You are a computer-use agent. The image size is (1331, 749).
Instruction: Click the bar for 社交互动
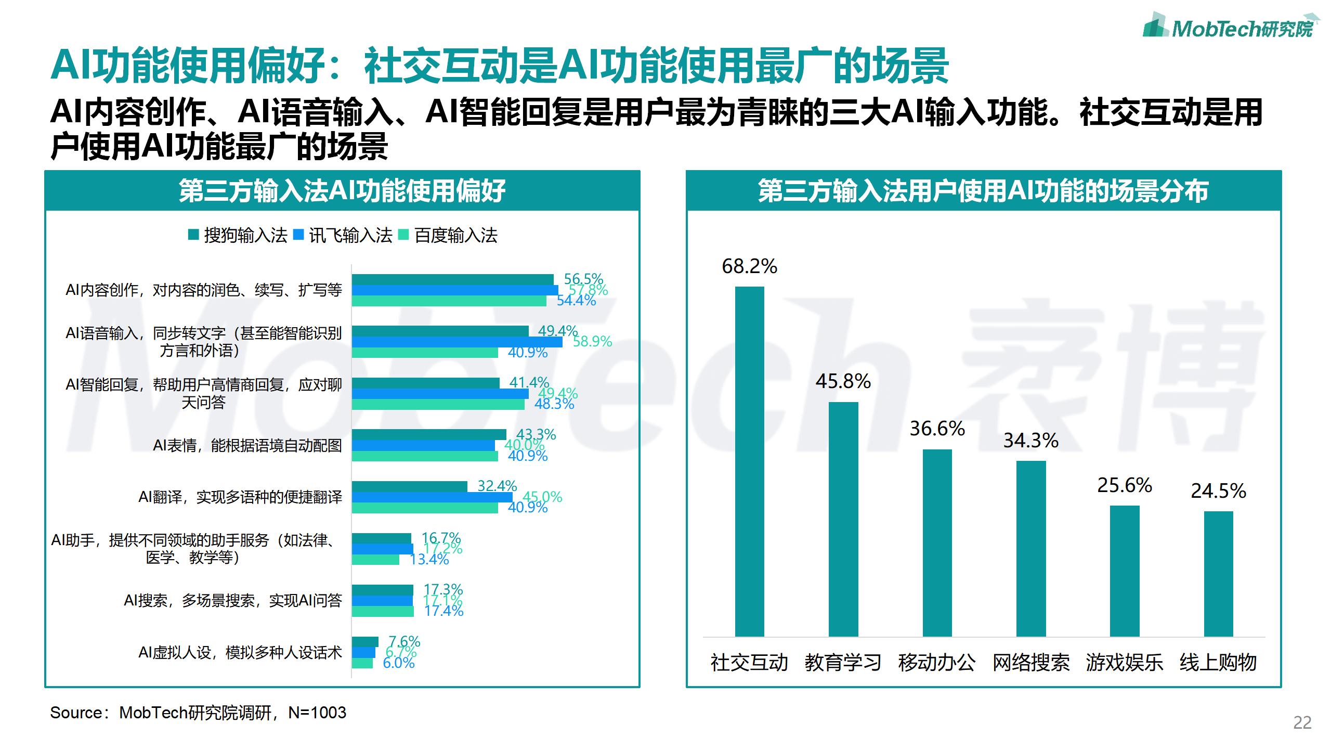749,461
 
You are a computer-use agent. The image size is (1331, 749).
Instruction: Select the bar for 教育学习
843,519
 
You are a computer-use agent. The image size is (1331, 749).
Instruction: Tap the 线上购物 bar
1218,574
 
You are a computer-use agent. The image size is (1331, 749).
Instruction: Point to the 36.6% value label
937,429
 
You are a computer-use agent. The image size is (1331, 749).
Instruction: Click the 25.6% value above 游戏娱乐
1125,485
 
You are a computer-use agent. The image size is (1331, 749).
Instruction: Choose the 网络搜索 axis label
1030,663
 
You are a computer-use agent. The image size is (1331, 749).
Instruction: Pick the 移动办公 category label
936,663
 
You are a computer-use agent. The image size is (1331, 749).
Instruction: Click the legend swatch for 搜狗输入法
193,235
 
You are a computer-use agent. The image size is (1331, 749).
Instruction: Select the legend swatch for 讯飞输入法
298,235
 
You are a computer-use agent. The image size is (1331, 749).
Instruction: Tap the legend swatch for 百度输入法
403,235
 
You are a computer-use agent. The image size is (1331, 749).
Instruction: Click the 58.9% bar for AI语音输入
456,342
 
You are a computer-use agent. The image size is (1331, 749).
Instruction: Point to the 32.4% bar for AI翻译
409,486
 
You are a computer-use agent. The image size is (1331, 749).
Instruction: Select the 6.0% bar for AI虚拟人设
362,663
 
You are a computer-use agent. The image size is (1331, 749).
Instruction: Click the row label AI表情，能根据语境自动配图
247,445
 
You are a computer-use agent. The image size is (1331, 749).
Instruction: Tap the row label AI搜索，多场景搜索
233,600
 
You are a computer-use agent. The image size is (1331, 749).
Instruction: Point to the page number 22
1302,723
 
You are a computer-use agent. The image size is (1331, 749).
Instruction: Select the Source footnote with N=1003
198,713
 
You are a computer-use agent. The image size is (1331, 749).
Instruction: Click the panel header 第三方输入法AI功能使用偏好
342,190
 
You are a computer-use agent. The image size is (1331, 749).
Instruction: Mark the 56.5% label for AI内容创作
583,279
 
